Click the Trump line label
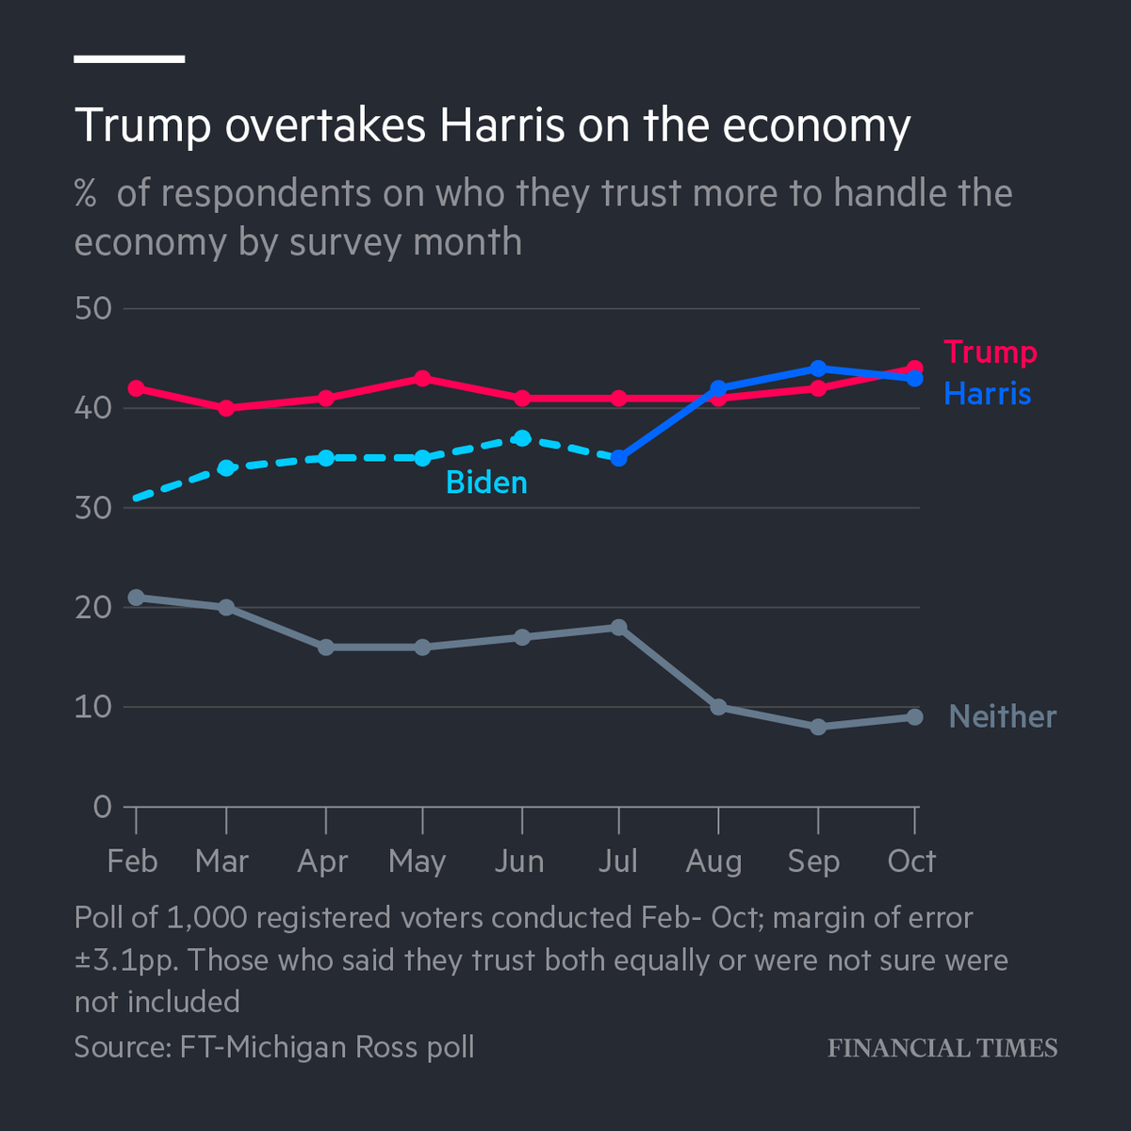(x=990, y=352)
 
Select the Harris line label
(x=987, y=393)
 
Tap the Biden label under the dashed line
(x=486, y=483)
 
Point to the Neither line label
(x=1002, y=716)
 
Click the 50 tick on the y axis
(x=92, y=309)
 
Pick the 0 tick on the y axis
(x=102, y=807)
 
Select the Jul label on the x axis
(x=617, y=861)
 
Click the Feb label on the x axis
(x=132, y=861)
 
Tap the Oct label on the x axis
(x=911, y=861)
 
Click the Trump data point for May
(x=422, y=379)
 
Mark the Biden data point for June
(x=522, y=438)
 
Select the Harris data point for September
(x=818, y=369)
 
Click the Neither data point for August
(x=718, y=707)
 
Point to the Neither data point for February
(x=136, y=598)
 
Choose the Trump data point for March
(x=226, y=408)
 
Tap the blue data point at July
(x=618, y=458)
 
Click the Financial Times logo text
(x=942, y=1048)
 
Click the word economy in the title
(x=816, y=125)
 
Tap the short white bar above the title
(x=129, y=58)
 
